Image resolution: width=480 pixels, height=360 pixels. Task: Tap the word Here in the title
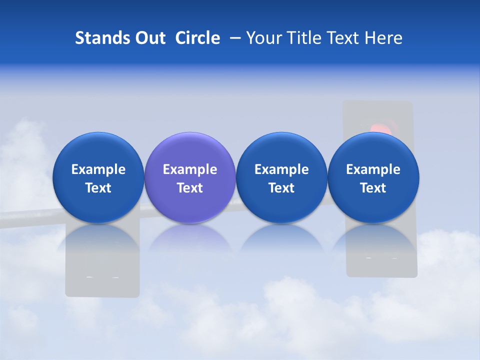point(383,38)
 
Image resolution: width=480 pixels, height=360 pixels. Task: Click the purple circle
point(190,178)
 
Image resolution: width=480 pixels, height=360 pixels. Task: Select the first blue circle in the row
point(98,178)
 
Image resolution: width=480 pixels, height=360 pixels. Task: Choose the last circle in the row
point(373,178)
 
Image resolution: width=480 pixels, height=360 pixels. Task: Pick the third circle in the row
point(281,178)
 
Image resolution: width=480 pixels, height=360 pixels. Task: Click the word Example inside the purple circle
point(190,169)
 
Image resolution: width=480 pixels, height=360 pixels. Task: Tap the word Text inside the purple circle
point(190,188)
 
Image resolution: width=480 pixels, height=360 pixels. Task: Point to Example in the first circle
point(98,169)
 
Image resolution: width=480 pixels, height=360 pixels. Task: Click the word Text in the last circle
point(373,188)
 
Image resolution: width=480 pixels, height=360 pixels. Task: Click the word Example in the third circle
point(281,169)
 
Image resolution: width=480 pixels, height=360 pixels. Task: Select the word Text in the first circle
point(98,188)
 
